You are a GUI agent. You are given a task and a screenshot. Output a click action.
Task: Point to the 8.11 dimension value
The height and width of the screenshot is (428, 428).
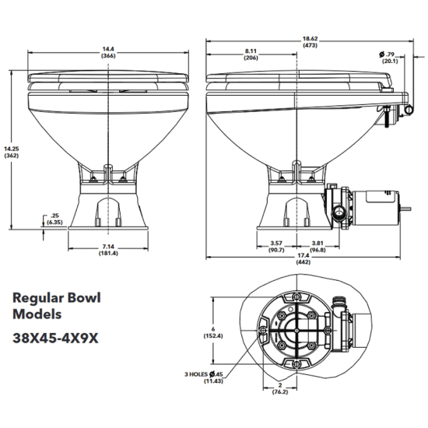click(x=251, y=51)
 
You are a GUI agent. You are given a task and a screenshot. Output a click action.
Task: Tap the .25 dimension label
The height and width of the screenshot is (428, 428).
click(x=54, y=215)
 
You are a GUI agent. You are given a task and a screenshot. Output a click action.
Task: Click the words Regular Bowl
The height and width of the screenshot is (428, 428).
click(x=58, y=298)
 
